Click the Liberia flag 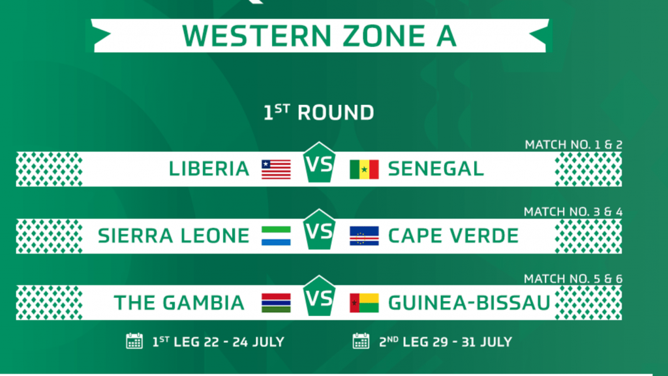[x=276, y=169]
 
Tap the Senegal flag [x=364, y=169]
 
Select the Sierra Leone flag [x=276, y=236]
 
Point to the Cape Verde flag [x=364, y=236]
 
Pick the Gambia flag [x=276, y=303]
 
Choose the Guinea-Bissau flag [x=364, y=303]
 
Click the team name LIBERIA [x=209, y=169]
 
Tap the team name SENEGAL [x=436, y=169]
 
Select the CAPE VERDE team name [x=453, y=236]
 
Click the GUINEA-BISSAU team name [x=469, y=303]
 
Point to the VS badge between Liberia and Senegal [x=319, y=163]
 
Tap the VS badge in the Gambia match [x=319, y=296]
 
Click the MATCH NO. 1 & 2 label [x=573, y=145]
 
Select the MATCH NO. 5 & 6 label [x=573, y=279]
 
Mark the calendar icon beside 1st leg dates [x=134, y=341]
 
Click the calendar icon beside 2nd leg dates [x=361, y=341]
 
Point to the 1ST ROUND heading [x=318, y=113]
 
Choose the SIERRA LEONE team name [x=174, y=236]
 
